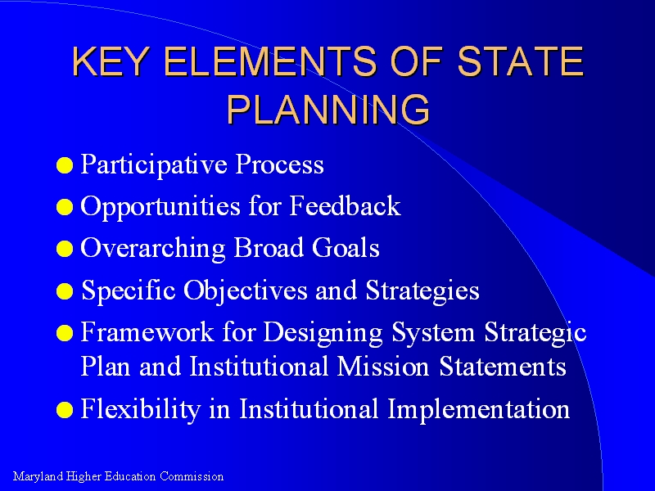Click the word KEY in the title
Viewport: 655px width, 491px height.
point(111,61)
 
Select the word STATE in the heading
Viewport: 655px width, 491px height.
point(521,61)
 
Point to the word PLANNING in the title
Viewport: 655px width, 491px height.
point(328,109)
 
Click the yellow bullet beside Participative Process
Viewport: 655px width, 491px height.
point(65,165)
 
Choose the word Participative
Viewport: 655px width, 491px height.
point(154,164)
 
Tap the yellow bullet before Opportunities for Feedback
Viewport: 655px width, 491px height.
point(65,207)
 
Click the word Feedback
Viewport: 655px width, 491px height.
point(345,205)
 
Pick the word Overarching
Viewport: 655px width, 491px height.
point(153,249)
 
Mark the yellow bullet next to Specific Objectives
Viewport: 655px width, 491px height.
point(65,291)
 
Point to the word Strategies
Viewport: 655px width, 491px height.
point(422,291)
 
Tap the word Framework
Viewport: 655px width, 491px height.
point(147,332)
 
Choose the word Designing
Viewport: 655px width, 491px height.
point(323,333)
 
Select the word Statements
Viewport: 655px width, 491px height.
point(503,366)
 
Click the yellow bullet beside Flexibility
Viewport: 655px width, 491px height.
point(65,410)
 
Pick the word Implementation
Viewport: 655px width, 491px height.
point(479,409)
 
